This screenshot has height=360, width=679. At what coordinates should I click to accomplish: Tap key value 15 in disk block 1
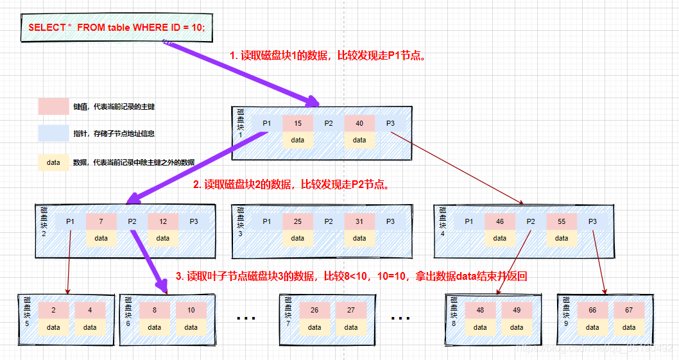point(297,123)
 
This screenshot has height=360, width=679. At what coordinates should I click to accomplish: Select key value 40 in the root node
point(359,123)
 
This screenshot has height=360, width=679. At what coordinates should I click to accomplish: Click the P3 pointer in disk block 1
point(390,123)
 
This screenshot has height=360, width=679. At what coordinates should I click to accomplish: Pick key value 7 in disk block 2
point(101,221)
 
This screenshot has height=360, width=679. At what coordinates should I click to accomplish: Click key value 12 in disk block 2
point(163,221)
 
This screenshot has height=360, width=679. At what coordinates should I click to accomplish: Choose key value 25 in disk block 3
point(297,221)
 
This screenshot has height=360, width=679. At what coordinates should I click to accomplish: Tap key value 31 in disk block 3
point(359,221)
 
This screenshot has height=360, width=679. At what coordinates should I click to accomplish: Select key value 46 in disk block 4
point(500,221)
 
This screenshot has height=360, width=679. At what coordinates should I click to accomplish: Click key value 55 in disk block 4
point(562,221)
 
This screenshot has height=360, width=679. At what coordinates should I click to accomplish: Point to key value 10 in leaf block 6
point(191,311)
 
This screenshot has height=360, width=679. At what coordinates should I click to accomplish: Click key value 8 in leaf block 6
point(155,311)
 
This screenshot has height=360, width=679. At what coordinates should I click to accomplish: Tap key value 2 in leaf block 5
point(53,311)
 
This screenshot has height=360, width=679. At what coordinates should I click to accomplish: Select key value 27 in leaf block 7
point(351,311)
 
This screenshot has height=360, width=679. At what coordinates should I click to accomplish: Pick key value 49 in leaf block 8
point(517,311)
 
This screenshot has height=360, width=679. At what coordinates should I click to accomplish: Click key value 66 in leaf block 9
point(592,311)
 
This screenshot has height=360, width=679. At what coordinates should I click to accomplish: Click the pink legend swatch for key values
point(53,107)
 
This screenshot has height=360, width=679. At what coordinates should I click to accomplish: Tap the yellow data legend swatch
point(53,162)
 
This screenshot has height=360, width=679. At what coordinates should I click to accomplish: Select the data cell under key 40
point(359,140)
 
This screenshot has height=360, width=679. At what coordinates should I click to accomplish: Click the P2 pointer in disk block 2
point(132,221)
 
